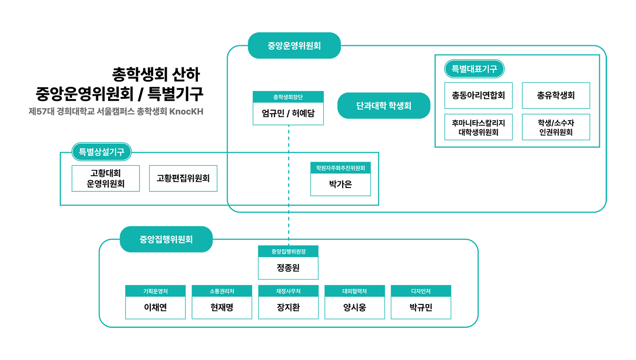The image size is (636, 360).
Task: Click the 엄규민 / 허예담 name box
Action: [x=288, y=114]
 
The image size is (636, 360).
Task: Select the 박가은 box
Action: [x=340, y=185]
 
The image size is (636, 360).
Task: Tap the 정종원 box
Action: [x=288, y=268]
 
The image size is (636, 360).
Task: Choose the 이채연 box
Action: [x=155, y=308]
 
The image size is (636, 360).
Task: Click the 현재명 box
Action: [x=221, y=308]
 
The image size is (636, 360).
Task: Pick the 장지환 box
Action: [x=288, y=308]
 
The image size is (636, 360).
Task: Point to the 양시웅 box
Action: [x=354, y=308]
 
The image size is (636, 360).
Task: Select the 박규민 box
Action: [x=421, y=308]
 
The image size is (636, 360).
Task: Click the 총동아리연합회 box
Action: [x=478, y=96]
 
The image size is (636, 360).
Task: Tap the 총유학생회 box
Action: [x=555, y=96]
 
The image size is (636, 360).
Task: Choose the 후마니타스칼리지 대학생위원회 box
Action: [x=478, y=127]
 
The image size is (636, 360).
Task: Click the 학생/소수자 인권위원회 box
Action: [x=555, y=127]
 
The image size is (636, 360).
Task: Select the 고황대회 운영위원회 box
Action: [x=106, y=179]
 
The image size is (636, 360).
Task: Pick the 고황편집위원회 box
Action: [x=183, y=179]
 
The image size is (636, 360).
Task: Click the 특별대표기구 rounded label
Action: [x=474, y=69]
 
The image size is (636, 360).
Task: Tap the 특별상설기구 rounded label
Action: [x=101, y=152]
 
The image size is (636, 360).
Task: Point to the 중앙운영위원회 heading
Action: [x=294, y=46]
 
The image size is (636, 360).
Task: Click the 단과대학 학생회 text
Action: [x=383, y=106]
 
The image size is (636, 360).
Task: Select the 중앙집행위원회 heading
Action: [x=166, y=239]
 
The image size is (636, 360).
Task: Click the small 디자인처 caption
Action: [x=421, y=291]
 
